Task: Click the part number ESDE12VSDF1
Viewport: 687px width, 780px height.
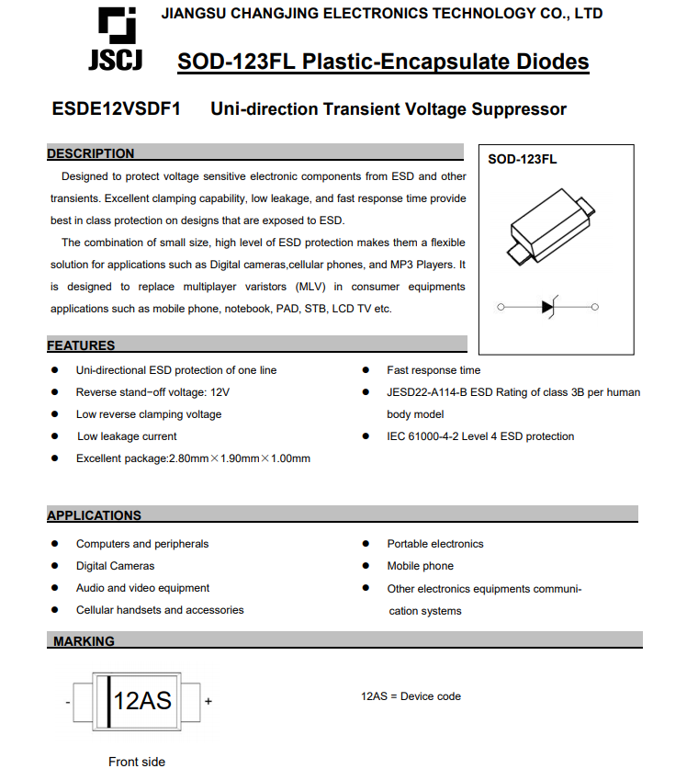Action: pyautogui.click(x=117, y=109)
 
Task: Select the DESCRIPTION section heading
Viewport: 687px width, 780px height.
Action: pyautogui.click(x=91, y=153)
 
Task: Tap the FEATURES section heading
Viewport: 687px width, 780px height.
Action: pyautogui.click(x=82, y=345)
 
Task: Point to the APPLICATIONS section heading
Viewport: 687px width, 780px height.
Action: pyautogui.click(x=95, y=515)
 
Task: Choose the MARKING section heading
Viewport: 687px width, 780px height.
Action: pyautogui.click(x=84, y=641)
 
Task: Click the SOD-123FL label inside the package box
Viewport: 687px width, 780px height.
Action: pyautogui.click(x=522, y=159)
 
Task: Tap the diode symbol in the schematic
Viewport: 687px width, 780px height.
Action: pyautogui.click(x=549, y=307)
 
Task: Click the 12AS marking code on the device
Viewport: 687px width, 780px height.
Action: pyautogui.click(x=142, y=701)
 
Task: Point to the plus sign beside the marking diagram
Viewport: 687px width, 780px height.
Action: pyautogui.click(x=208, y=702)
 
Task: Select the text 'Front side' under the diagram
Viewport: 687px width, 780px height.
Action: pyautogui.click(x=137, y=762)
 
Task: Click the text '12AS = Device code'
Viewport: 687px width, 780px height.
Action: pyautogui.click(x=411, y=696)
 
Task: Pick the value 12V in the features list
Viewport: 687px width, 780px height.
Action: pyautogui.click(x=220, y=392)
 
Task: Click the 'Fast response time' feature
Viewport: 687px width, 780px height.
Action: pyautogui.click(x=434, y=370)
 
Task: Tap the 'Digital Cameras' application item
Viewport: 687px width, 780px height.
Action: pyautogui.click(x=115, y=566)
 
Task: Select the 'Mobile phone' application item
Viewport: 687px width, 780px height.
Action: pyautogui.click(x=420, y=566)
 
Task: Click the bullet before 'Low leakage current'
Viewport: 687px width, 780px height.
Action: pyautogui.click(x=55, y=436)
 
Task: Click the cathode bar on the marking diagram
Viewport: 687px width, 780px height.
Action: pyautogui.click(x=109, y=701)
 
